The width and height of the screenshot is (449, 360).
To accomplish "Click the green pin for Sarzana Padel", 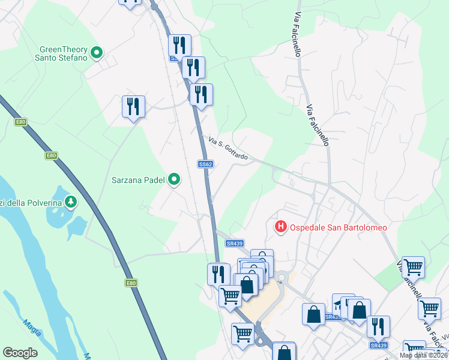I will (x=174, y=179).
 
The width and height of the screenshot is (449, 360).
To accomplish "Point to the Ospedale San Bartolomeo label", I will (x=339, y=227).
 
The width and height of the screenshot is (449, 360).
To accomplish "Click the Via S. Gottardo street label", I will (x=228, y=148).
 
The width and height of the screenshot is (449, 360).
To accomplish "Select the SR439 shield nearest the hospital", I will (x=235, y=243).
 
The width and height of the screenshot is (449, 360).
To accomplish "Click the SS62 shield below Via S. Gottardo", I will (x=205, y=164).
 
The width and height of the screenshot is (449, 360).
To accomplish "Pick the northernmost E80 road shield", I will (x=21, y=122).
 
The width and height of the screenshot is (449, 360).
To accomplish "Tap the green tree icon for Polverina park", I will (x=71, y=202).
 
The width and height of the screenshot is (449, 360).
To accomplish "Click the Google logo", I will (x=20, y=353).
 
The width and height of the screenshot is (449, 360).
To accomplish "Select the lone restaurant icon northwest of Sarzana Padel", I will (x=133, y=107).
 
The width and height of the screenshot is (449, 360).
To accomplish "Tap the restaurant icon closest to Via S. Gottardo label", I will (x=201, y=94).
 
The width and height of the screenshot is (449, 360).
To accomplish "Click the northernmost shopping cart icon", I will (x=413, y=266).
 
